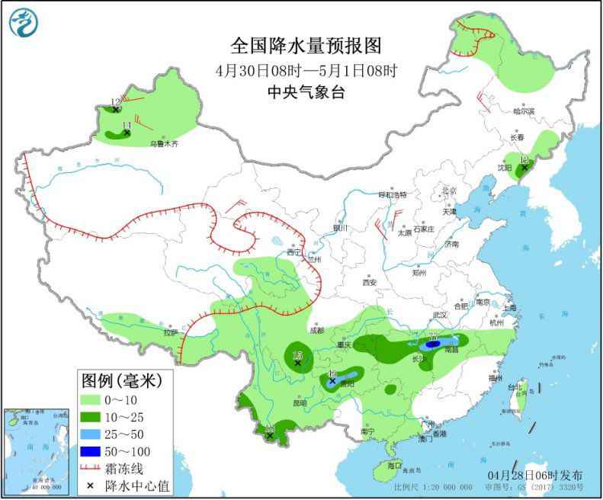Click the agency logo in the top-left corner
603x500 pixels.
coord(23,22)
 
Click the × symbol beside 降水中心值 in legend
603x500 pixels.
coord(93,485)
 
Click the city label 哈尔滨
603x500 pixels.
coord(523,111)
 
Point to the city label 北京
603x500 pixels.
coord(448,191)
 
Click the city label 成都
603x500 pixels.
coord(317,330)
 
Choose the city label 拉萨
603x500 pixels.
coord(169,332)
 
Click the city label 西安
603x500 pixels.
coord(370,282)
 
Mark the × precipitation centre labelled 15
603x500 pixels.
coord(297,363)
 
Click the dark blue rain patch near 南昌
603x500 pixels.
coord(432,345)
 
